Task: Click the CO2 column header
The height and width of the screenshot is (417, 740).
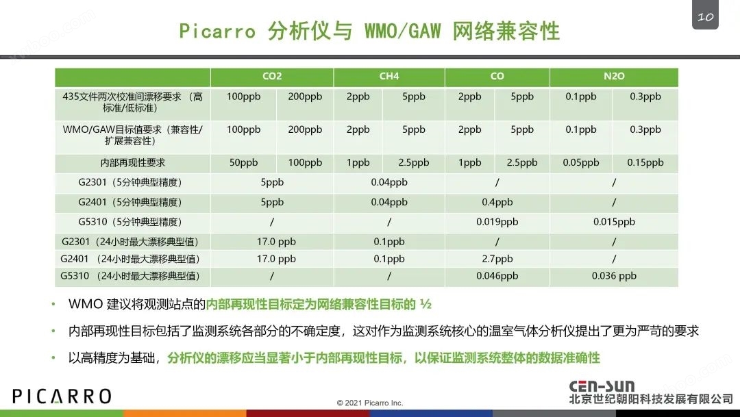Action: [272, 76]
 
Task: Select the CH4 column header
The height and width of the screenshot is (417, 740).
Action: [389, 76]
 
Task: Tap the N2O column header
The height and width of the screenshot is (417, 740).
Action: [614, 76]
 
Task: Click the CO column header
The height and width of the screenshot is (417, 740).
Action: [497, 76]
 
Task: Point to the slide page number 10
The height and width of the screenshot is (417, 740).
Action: [706, 17]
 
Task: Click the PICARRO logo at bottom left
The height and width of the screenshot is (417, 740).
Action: [62, 396]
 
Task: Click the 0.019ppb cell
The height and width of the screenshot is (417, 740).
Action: [497, 222]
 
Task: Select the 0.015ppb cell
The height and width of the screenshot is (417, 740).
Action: [614, 222]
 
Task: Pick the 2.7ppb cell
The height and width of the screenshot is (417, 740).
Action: [497, 259]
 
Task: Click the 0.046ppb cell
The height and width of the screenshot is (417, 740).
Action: [497, 276]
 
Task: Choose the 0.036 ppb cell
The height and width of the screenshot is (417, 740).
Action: [614, 276]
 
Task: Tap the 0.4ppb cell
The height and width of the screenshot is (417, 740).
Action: [497, 202]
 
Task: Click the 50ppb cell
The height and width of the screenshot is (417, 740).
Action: [243, 163]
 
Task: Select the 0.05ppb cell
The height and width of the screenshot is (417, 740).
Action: [581, 163]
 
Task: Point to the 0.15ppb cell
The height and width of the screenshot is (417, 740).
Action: [645, 163]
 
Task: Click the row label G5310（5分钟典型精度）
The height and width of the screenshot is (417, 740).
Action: [129, 222]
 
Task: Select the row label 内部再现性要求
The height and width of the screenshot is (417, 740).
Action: [133, 163]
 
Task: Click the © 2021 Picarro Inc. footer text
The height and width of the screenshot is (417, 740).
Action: [370, 403]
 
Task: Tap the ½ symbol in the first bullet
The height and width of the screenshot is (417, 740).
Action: [425, 304]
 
